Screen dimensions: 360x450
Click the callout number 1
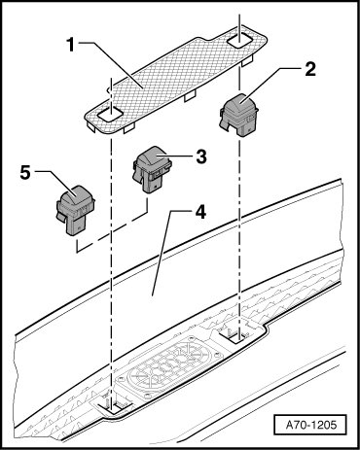[x=70, y=45]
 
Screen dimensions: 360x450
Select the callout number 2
[x=310, y=69]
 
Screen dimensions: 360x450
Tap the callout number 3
[x=200, y=157]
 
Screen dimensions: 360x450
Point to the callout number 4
[x=200, y=213]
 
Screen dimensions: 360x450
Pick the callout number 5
[x=25, y=172]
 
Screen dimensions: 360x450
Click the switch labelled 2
[x=239, y=115]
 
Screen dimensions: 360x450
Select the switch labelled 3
[x=152, y=169]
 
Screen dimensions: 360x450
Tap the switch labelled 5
[x=76, y=210]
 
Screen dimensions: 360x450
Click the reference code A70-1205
[x=310, y=425]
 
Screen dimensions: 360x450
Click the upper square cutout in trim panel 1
[x=239, y=41]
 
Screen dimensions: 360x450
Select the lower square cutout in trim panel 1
[x=110, y=115]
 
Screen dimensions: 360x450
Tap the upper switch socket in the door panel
[x=239, y=336]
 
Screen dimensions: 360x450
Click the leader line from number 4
[x=162, y=253]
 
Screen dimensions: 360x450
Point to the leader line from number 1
[x=110, y=64]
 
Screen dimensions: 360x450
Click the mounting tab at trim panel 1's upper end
[x=247, y=60]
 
